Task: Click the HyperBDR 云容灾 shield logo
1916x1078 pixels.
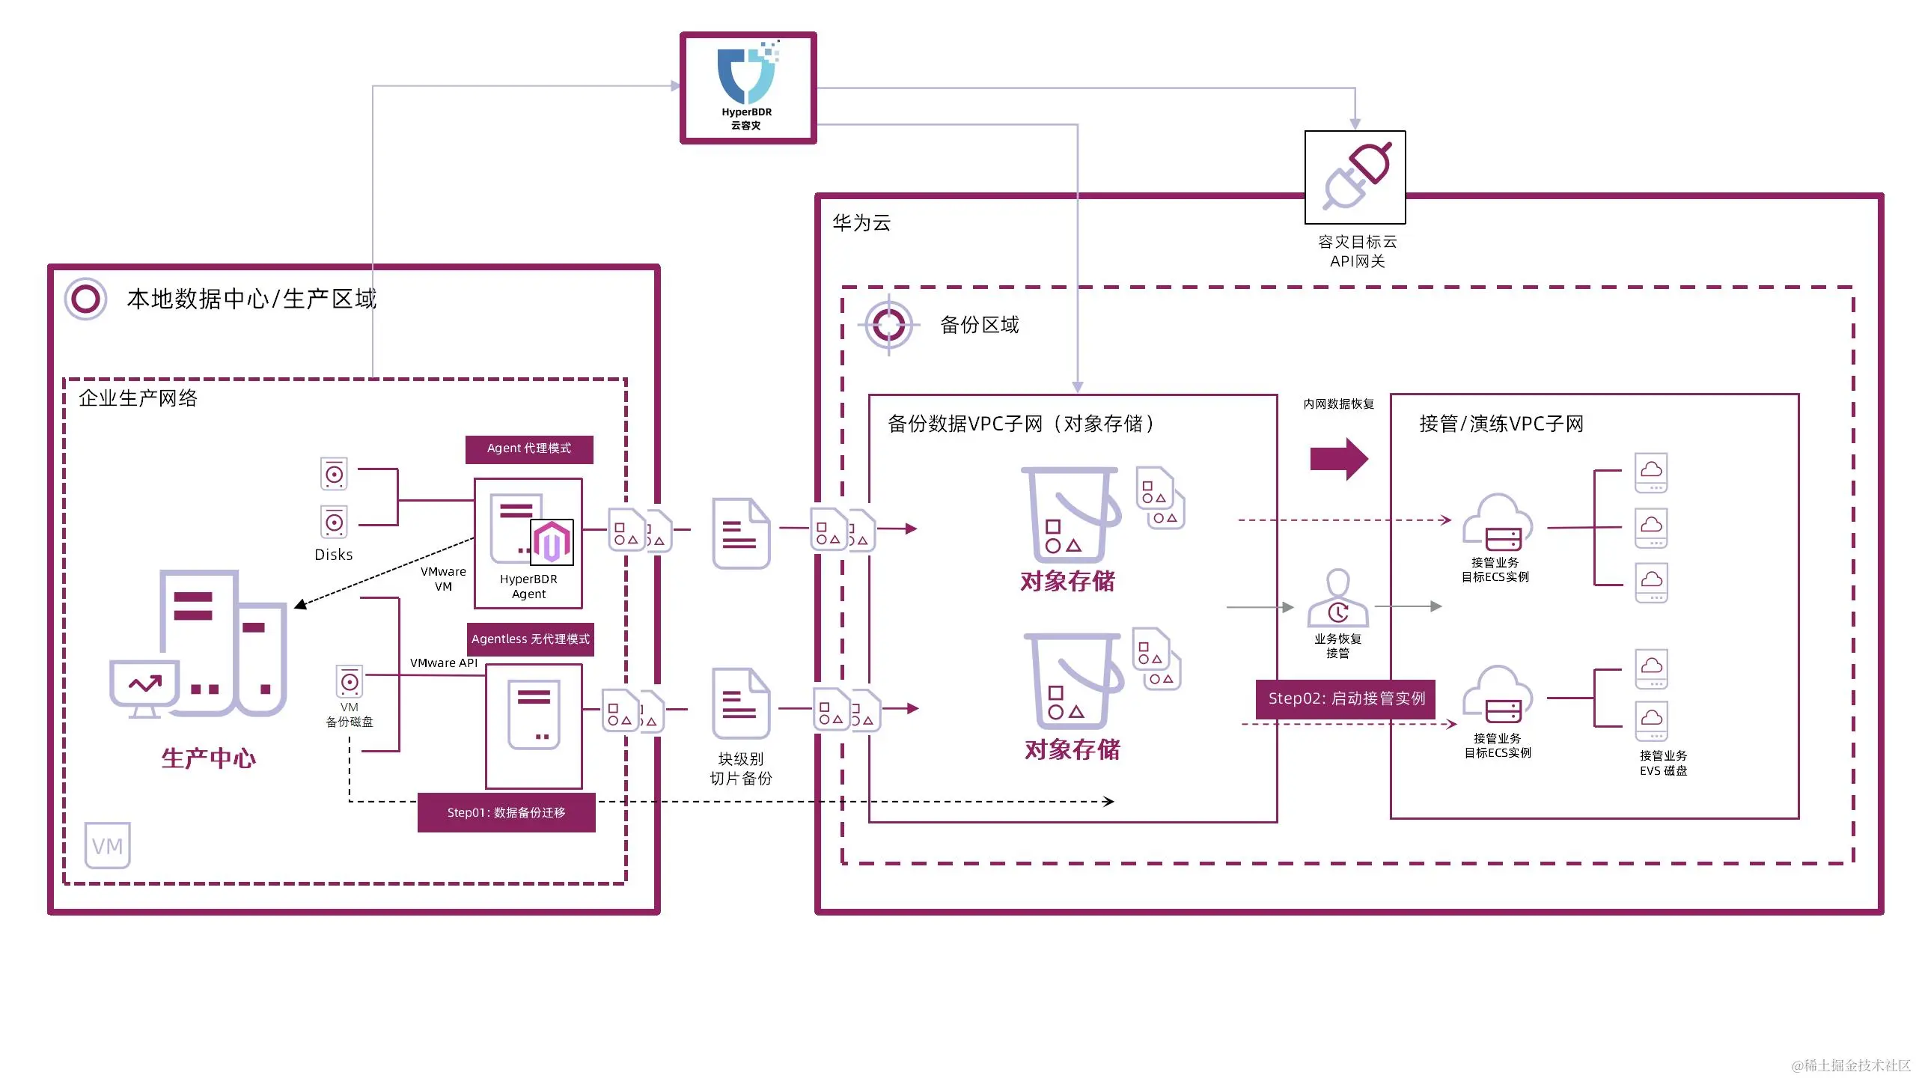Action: pos(747,75)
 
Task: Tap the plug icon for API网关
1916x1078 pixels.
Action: pos(1355,177)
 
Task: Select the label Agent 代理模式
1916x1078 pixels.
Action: pos(529,449)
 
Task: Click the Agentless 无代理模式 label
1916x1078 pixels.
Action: pos(531,639)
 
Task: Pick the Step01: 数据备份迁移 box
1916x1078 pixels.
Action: pos(507,813)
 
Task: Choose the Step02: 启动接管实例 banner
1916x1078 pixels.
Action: pos(1346,699)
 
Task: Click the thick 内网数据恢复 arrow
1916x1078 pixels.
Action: pos(1339,459)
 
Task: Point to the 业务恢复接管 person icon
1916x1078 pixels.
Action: pos(1337,599)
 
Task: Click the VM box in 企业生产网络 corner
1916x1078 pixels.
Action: pos(107,846)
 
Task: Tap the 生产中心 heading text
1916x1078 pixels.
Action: pos(209,758)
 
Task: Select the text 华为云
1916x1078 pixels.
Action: pos(861,223)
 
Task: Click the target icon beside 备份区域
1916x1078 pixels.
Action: pos(888,325)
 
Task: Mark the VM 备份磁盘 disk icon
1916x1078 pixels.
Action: pos(350,682)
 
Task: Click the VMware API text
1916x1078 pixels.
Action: pos(443,663)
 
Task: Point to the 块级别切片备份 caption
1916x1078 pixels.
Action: pos(741,769)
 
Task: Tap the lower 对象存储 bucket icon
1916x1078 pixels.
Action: pos(1073,681)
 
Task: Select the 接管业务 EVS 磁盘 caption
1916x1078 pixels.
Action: pos(1663,764)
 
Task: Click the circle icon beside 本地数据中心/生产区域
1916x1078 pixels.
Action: pos(85,299)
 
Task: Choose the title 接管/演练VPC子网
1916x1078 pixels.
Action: pos(1501,424)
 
